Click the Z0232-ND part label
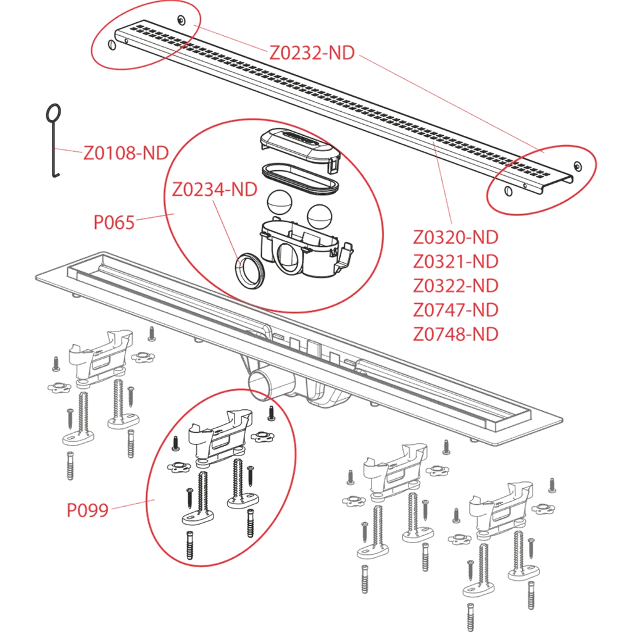tap(312, 53)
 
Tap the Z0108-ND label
tap(126, 153)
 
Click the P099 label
tap(88, 510)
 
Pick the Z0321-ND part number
tap(455, 262)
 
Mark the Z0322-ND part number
tap(455, 286)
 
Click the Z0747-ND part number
tap(455, 310)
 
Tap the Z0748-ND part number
tap(455, 334)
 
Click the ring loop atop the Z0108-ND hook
tap(54, 114)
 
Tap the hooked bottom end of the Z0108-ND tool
tap(56, 173)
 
